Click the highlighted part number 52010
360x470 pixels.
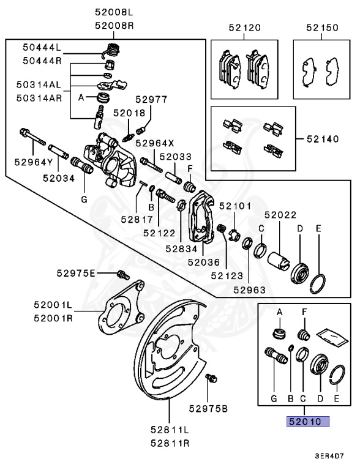coord(305,422)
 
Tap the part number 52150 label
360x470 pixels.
coord(322,28)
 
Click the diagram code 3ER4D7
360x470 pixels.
coord(329,456)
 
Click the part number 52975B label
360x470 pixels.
coord(208,408)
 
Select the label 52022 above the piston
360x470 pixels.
coord(280,215)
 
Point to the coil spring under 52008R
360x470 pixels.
coord(111,50)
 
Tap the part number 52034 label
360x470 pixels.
coord(59,178)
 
